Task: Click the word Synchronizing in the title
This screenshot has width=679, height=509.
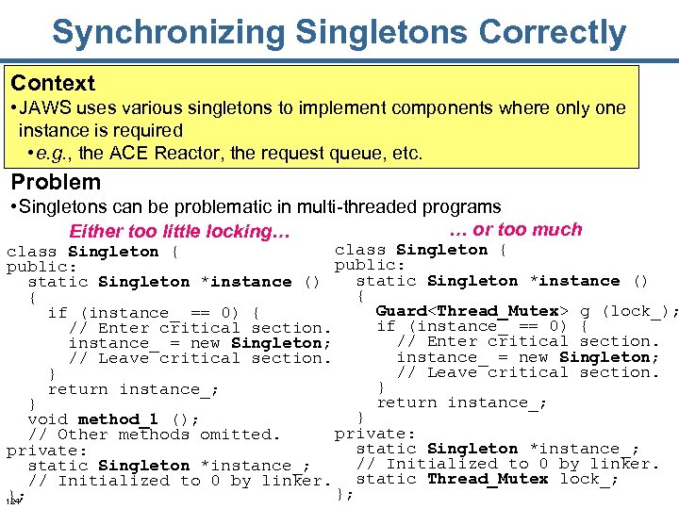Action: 170,32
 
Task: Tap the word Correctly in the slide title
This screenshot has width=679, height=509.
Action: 553,32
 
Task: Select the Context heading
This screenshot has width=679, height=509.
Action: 53,83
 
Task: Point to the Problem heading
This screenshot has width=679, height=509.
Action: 56,182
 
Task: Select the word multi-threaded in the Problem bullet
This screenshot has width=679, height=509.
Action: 357,206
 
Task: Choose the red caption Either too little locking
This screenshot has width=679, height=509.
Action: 178,232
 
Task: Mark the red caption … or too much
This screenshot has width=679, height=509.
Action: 516,229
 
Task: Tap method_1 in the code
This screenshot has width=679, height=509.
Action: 118,419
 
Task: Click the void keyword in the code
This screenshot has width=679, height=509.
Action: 47,419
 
